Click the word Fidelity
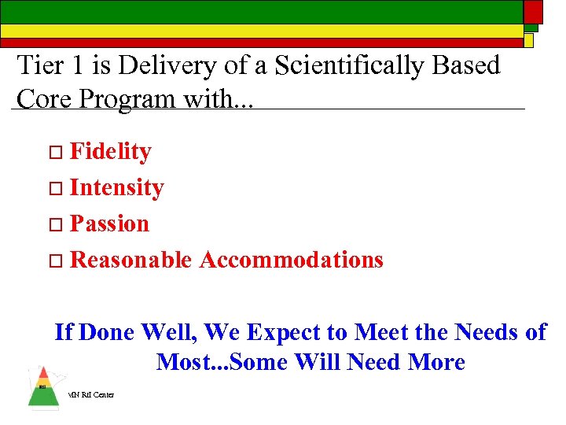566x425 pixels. coord(110,151)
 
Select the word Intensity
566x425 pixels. coord(116,187)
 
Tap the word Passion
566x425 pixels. coord(109,224)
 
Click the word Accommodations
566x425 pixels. coord(291,260)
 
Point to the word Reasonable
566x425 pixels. coord(130,260)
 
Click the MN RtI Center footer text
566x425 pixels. coord(90,394)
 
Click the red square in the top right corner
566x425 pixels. coord(533,11)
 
